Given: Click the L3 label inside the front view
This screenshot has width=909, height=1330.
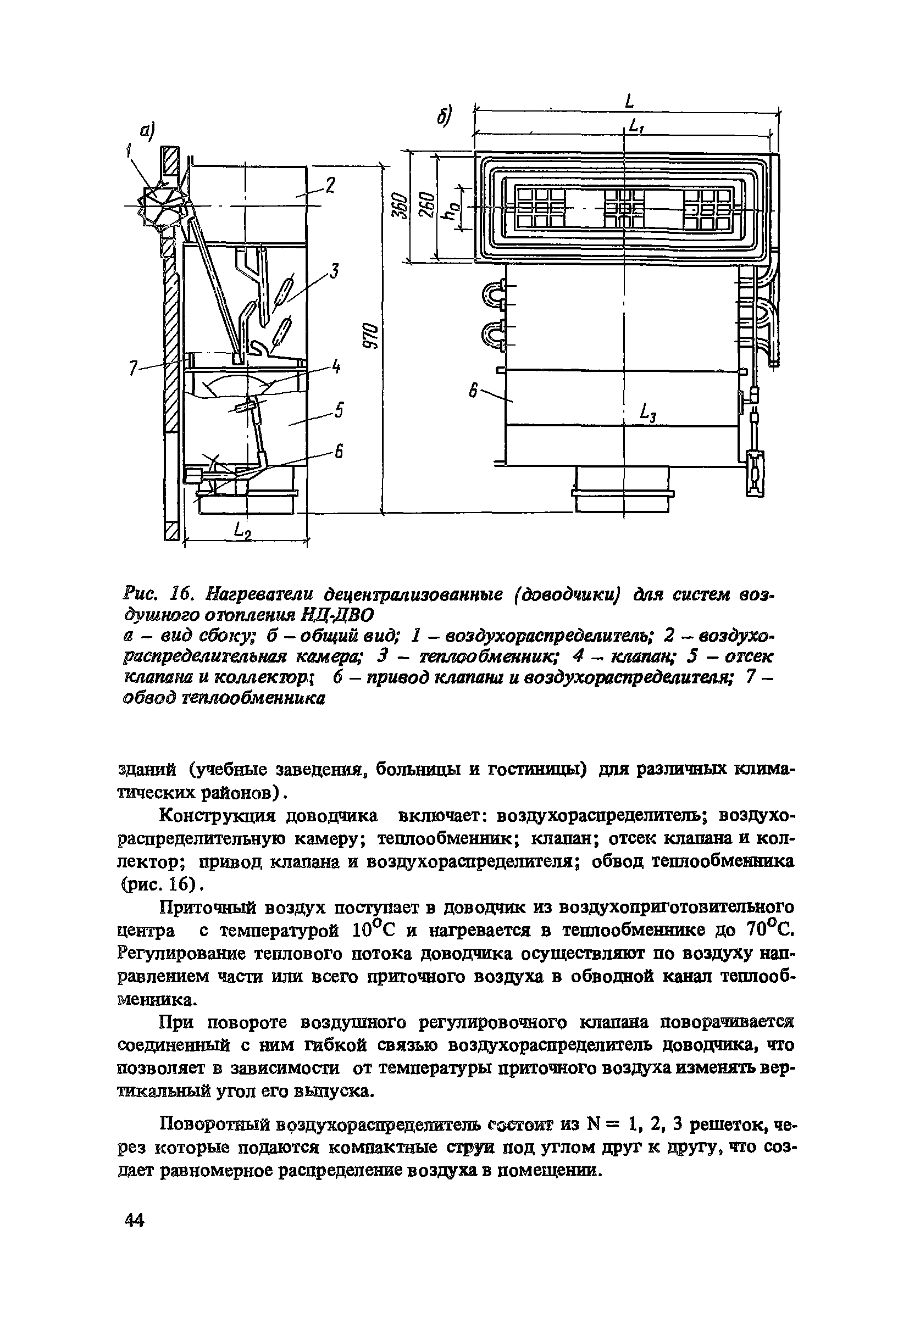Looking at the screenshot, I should pos(648,413).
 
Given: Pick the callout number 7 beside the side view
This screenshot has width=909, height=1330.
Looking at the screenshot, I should pos(133,369).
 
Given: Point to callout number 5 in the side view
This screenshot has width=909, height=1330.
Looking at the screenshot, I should pos(339,410).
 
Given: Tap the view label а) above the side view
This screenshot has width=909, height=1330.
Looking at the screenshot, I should pos(148,133).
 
